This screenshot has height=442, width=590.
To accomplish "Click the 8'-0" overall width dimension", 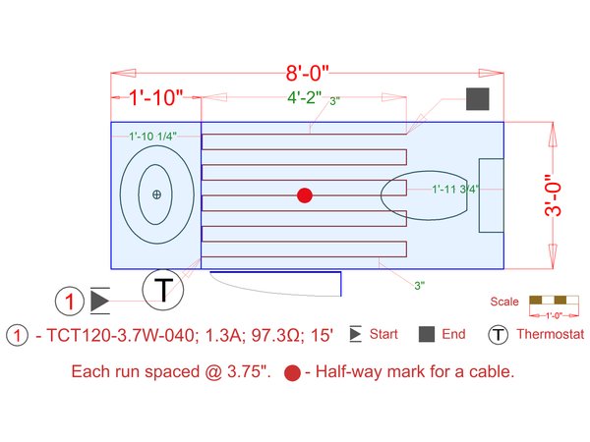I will click(306, 73).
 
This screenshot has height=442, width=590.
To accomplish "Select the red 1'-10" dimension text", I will click(156, 97).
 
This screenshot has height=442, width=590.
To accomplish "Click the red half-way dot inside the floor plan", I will click(305, 195).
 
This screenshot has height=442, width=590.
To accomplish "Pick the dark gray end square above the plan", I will click(478, 99).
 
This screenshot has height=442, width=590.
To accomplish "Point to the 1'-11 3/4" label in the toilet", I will click(455, 190).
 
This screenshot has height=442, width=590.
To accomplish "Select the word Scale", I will click(503, 301).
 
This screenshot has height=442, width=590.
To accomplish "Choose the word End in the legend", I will click(453, 335).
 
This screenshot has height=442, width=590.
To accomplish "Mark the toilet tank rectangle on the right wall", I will click(491, 195).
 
